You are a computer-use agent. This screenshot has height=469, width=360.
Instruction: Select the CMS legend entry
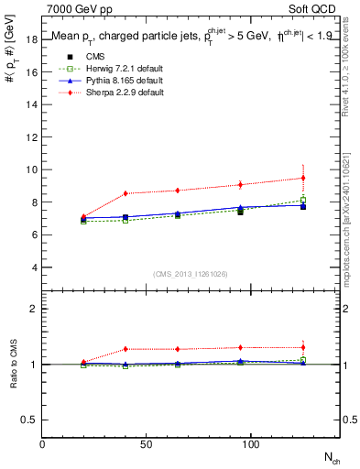[x=82, y=57]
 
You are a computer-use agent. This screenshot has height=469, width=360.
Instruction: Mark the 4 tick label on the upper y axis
[x=34, y=267]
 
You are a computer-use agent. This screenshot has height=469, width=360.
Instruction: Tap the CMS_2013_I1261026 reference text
[x=190, y=273]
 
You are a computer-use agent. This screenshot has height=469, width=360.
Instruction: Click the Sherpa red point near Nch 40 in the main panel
[x=125, y=193]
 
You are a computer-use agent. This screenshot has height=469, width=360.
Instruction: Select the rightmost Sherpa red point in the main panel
[x=303, y=178]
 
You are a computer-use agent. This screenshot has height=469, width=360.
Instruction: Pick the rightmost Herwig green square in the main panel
[x=303, y=200]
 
